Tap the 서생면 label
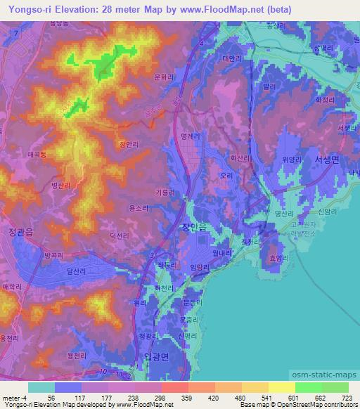pos(326,160)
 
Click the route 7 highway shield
pos(15,33)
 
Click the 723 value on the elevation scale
pos(347,397)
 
